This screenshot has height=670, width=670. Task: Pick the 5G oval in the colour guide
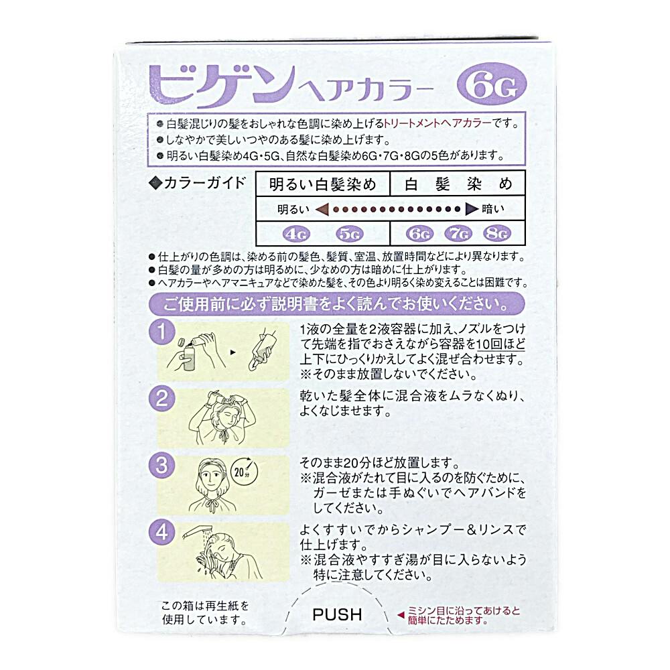click(x=349, y=234)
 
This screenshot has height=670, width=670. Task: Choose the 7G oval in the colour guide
click(x=459, y=234)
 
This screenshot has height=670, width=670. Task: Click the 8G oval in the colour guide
click(x=496, y=234)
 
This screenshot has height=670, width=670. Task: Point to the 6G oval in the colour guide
click(x=421, y=234)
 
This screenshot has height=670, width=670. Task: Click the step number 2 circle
click(x=161, y=399)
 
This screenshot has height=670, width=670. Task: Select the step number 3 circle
click(x=161, y=464)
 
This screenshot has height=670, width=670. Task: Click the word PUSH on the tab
click(x=337, y=614)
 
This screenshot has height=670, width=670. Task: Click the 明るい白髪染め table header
click(x=322, y=183)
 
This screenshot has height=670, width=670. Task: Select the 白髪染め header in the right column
click(x=458, y=183)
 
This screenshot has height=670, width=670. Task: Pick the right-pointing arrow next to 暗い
click(x=471, y=209)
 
